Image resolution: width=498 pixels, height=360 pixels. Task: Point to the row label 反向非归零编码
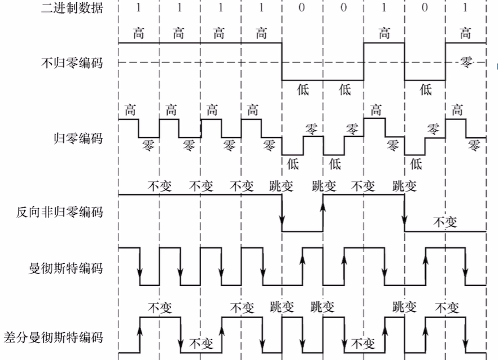[60, 212]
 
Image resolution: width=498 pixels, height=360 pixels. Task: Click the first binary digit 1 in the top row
[138, 8]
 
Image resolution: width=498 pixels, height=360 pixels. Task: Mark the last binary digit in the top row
[465, 8]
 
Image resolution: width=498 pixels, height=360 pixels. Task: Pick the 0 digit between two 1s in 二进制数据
[425, 8]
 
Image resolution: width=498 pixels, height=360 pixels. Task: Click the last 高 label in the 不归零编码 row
[465, 33]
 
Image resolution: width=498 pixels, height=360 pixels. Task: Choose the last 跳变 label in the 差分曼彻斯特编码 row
[404, 306]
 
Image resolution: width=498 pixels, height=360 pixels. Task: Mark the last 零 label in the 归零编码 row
[474, 145]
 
